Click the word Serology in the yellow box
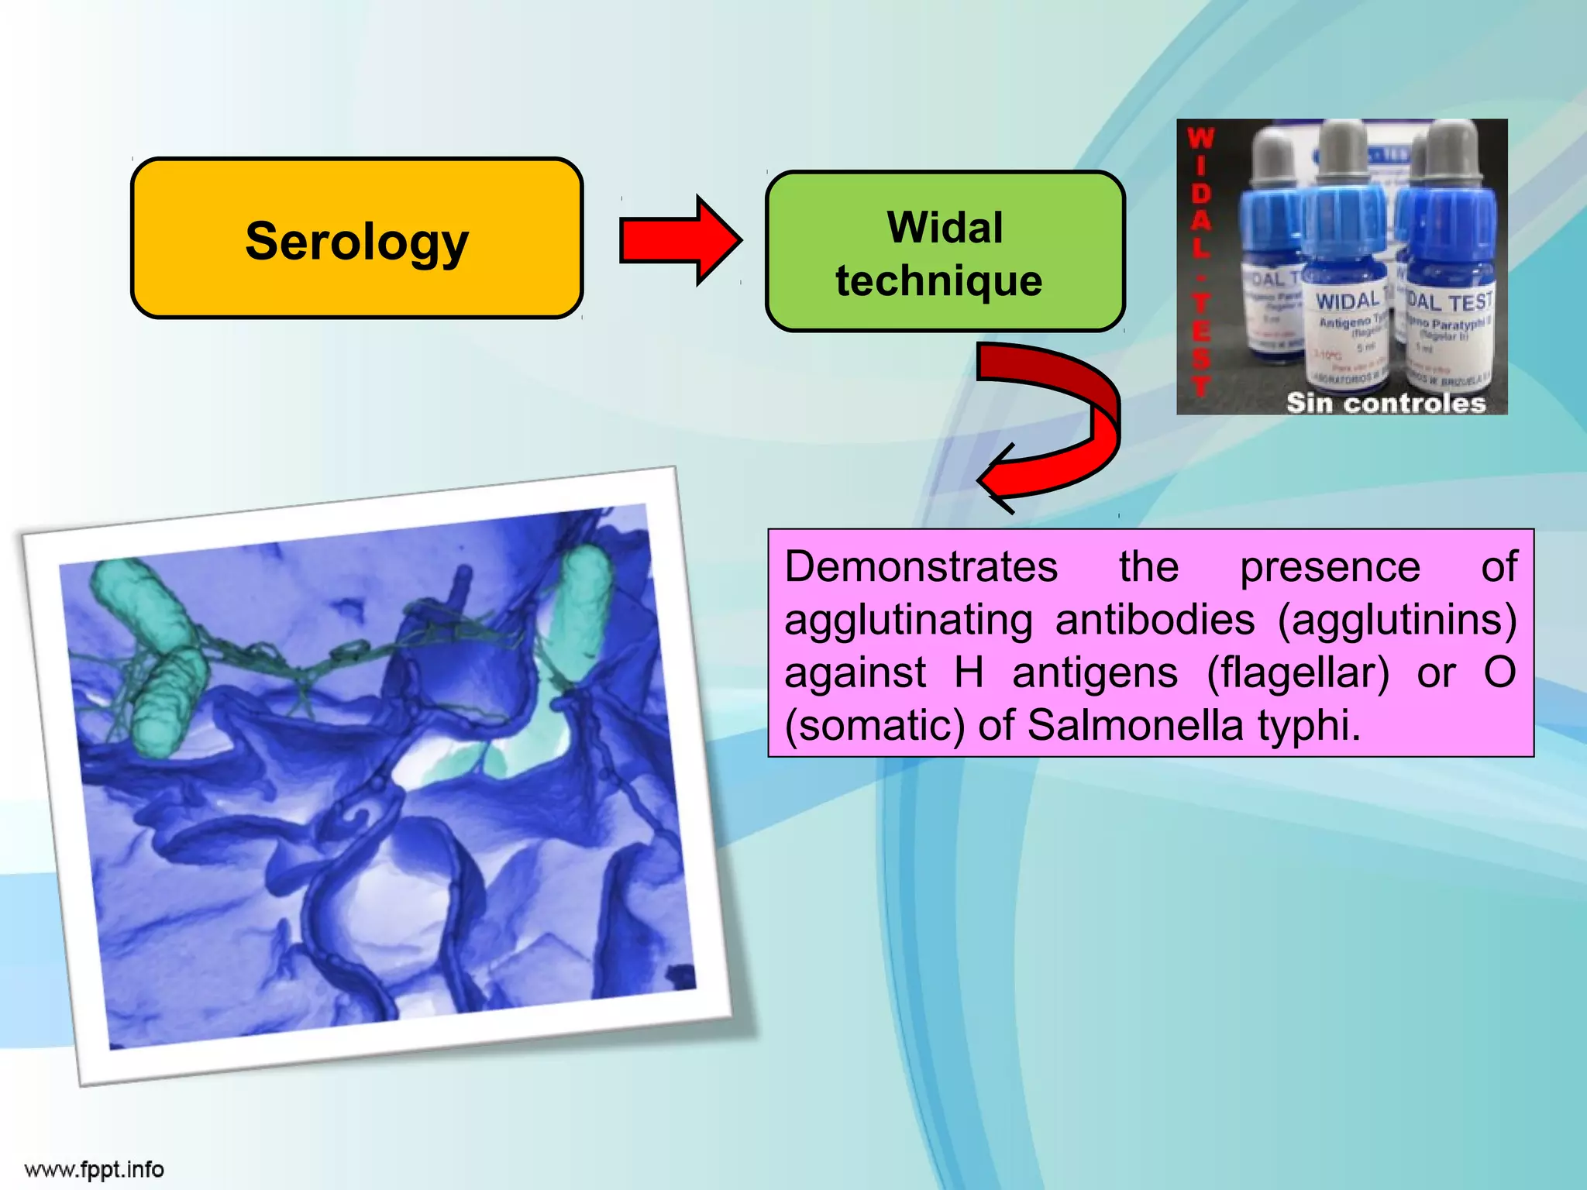pos(356,242)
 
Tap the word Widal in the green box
pos(945,228)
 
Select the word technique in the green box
pos(938,280)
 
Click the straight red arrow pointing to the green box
pos(679,240)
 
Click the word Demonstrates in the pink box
pos(921,566)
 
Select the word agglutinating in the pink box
pos(908,621)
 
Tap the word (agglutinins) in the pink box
pos(1396,620)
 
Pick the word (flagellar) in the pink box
pos(1298,672)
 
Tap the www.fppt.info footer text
pos(95,1169)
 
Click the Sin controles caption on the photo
pos(1386,403)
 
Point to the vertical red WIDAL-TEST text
pos(1200,263)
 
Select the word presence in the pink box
pos(1330,566)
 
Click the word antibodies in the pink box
pos(1155,620)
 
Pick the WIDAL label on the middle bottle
pos(1348,301)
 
